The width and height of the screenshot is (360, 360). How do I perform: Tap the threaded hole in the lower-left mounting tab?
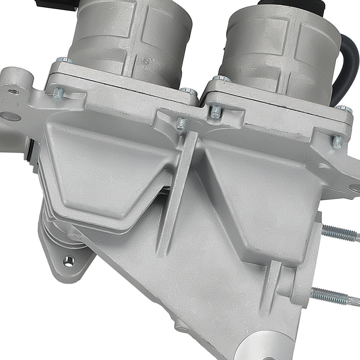pyautogui.click(x=69, y=260)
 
